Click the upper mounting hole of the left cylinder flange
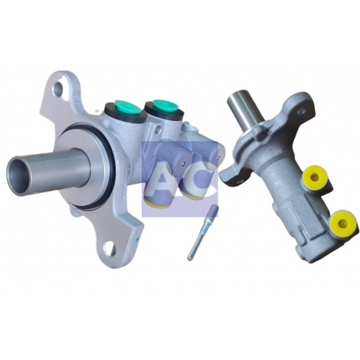[57, 88]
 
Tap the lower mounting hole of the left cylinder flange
[109, 247]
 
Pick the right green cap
[164, 105]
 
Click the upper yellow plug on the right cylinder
[316, 176]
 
